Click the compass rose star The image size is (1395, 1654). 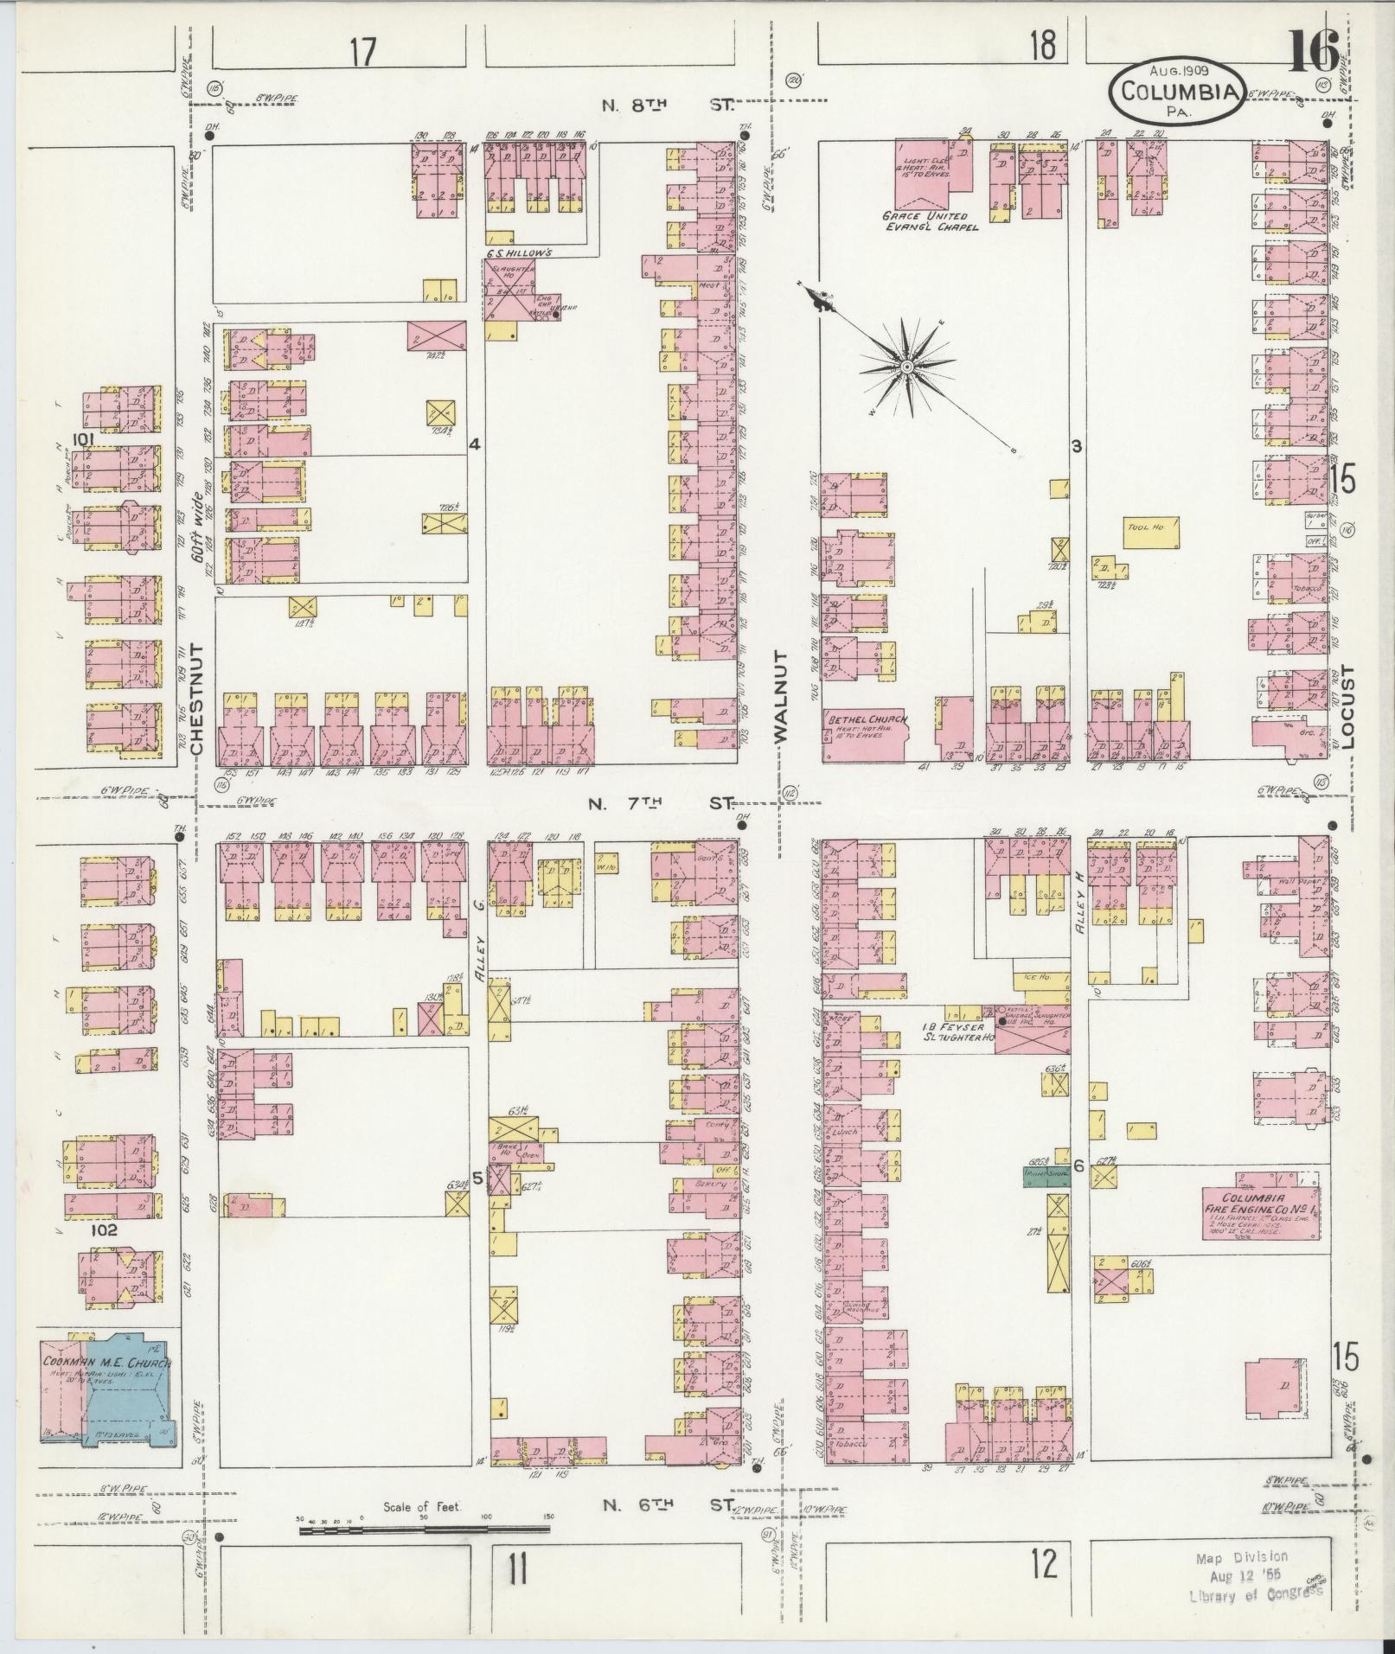coord(906,368)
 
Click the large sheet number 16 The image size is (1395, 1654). coord(1313,53)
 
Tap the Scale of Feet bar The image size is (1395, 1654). coord(424,1529)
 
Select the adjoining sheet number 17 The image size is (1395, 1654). coord(363,52)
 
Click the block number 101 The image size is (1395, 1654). coord(83,439)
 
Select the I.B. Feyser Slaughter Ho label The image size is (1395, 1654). coord(958,1031)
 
